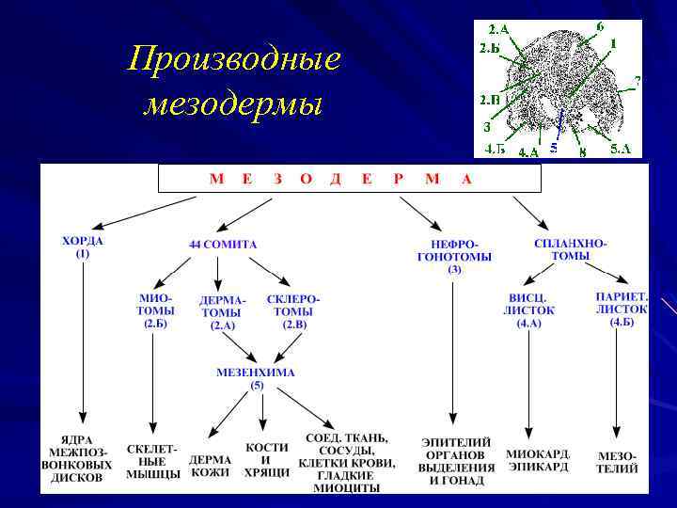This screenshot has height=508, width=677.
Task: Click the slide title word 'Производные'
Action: coord(234,62)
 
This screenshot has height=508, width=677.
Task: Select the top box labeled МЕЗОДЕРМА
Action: coord(349,179)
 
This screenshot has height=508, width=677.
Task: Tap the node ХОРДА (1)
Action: coord(83,246)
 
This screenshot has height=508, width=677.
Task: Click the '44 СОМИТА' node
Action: coord(222,245)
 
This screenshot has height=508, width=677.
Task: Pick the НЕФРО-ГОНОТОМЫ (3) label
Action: coord(453,256)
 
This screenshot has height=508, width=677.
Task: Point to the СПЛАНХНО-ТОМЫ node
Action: coord(570,249)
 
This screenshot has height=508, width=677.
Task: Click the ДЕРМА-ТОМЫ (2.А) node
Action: coord(222,312)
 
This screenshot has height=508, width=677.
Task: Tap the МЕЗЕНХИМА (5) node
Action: coord(256,378)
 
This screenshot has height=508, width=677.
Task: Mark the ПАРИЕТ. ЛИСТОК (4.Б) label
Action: coord(621,309)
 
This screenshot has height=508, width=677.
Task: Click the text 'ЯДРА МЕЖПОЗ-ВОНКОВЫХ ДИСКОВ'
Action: coord(83,458)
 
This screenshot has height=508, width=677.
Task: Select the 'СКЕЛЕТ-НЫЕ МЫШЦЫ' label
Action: coord(153,462)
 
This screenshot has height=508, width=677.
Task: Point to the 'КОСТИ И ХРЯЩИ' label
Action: coord(267,460)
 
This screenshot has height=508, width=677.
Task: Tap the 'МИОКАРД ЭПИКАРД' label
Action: coord(538,460)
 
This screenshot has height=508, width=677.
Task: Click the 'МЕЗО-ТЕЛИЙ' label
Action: coord(617,462)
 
